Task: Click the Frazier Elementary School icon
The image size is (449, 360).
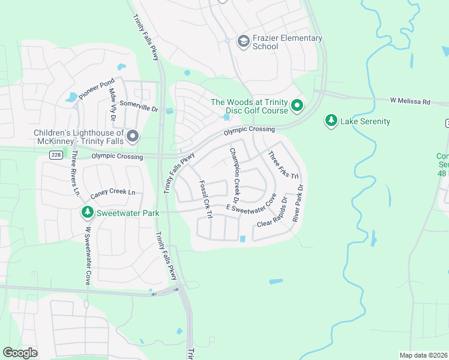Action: (243, 41)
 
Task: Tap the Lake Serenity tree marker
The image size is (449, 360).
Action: (331, 121)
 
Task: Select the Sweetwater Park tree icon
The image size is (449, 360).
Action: (87, 212)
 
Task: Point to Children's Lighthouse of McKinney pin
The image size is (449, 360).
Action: (132, 137)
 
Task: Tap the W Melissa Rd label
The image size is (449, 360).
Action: (410, 101)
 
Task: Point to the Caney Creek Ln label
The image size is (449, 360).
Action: (113, 194)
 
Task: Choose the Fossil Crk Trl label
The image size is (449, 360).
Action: (206, 200)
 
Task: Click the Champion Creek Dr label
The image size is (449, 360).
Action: (235, 175)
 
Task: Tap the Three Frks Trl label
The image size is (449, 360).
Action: (283, 164)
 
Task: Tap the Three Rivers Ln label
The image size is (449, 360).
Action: (75, 173)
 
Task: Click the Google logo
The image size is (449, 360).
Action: (20, 353)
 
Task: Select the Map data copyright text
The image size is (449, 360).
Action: (423, 355)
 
